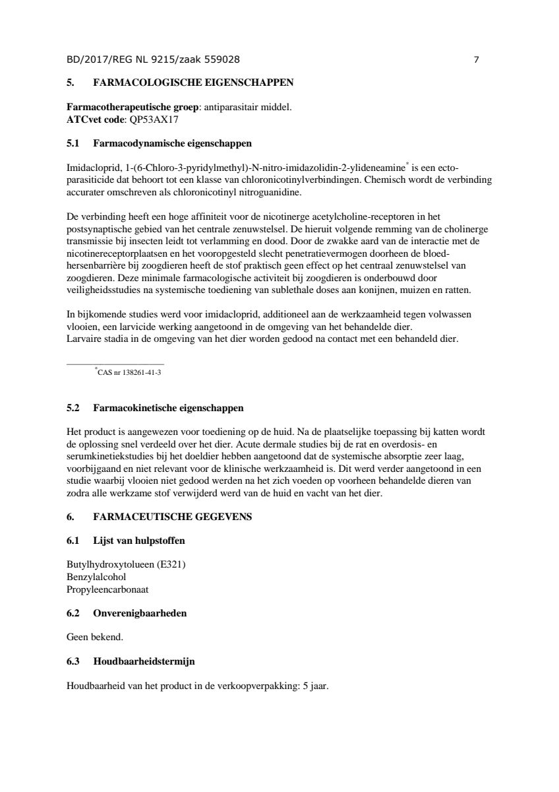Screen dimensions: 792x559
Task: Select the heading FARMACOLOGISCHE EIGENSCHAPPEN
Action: [194, 82]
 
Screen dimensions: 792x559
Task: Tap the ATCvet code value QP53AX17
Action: [155, 121]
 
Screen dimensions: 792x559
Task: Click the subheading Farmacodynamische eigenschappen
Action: [172, 143]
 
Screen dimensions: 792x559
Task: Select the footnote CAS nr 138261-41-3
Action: [129, 372]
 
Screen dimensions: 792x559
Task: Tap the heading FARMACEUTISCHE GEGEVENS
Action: [173, 517]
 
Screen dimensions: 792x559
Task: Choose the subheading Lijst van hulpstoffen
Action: [139, 541]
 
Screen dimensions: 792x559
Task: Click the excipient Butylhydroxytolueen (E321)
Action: [121, 564]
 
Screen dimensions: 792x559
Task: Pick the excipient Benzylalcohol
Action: [96, 577]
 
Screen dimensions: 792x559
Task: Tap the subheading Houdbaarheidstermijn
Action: [144, 661]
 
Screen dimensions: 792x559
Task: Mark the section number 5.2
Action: [73, 409]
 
